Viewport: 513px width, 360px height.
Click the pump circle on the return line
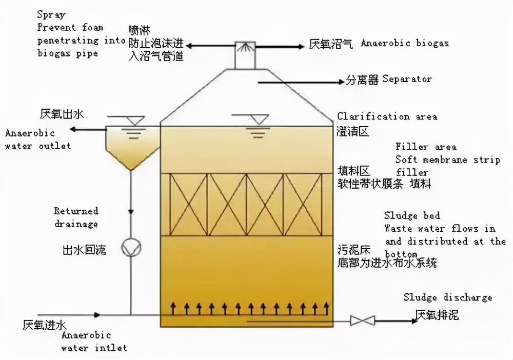pos(130,248)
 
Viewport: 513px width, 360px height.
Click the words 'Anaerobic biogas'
pos(404,44)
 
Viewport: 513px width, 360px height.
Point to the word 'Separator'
pos(407,79)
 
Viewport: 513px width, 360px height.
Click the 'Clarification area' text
pos(387,117)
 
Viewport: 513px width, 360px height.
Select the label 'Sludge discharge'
pos(447,297)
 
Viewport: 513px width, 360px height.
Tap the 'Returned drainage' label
pos(76,217)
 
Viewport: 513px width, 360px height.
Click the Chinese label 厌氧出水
pos(61,114)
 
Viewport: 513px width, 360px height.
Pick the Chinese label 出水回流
pos(84,250)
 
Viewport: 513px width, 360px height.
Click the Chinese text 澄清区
pos(353,132)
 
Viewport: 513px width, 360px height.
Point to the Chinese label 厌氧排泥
pos(437,314)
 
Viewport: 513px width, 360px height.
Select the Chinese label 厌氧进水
pos(45,325)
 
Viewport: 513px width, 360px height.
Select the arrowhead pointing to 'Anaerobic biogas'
pos(300,47)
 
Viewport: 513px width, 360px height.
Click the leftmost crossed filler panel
pos(188,204)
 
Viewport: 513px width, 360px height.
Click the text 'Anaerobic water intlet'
pos(94,342)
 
